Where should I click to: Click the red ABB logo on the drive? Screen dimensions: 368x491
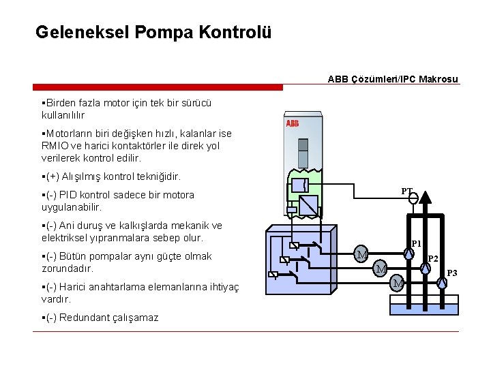[292, 123]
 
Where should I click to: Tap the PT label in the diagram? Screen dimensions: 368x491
[406, 191]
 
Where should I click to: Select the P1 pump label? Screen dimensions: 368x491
[416, 243]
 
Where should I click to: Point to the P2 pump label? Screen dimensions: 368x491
[432, 259]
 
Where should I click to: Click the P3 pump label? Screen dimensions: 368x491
[452, 273]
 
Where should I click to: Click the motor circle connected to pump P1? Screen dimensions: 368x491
[362, 255]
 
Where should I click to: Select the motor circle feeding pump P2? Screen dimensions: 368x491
[380, 269]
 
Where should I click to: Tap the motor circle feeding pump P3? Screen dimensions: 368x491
[398, 282]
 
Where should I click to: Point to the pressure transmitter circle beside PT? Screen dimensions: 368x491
[413, 198]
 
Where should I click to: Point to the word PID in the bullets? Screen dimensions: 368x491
[76, 195]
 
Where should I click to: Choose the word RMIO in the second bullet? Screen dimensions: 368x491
[57, 145]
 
